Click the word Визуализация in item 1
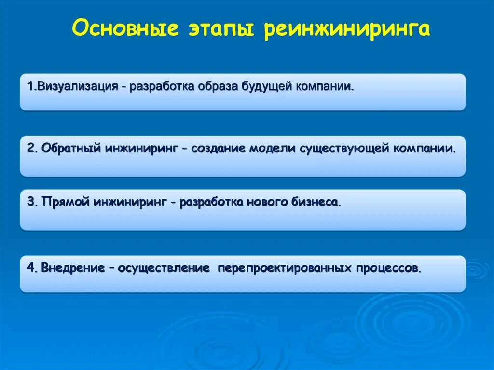78,87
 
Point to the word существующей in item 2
344,148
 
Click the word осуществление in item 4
163,268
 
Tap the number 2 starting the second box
30,148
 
